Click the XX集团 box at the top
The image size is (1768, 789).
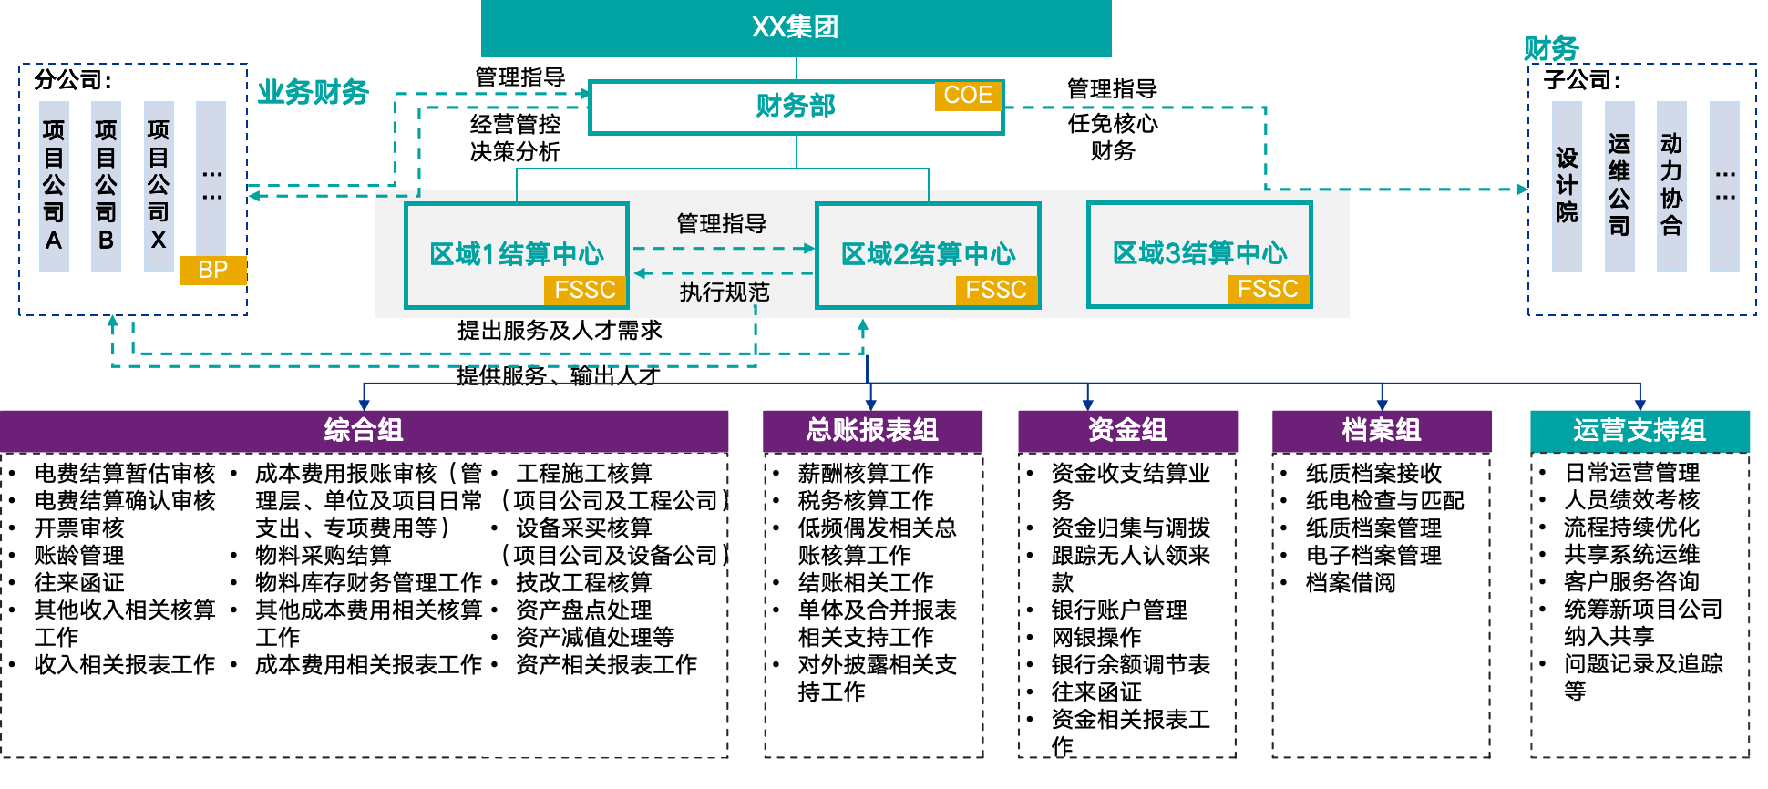[x=796, y=28]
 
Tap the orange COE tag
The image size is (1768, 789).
[x=968, y=96]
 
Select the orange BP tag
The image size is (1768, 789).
[x=212, y=270]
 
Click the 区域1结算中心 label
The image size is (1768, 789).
[x=516, y=253]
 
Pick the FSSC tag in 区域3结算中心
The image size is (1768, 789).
[x=1267, y=290]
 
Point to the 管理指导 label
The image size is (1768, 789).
[x=722, y=224]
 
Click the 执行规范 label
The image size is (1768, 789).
[x=725, y=292]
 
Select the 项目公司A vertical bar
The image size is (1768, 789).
[x=54, y=186]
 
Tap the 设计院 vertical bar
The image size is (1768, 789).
[x=1567, y=186]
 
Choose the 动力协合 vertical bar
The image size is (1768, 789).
[x=1671, y=186]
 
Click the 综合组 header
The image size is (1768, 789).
[x=364, y=430]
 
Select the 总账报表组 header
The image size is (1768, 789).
[x=872, y=430]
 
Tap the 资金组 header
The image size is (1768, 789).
[x=1127, y=430]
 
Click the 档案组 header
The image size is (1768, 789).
[x=1382, y=430]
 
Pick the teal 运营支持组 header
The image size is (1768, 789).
[x=1640, y=430]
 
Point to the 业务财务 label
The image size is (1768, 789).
[x=313, y=92]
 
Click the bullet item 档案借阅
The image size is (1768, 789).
[x=1351, y=583]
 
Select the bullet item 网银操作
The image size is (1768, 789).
[x=1096, y=638]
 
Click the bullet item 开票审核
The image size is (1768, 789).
[x=79, y=528]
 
